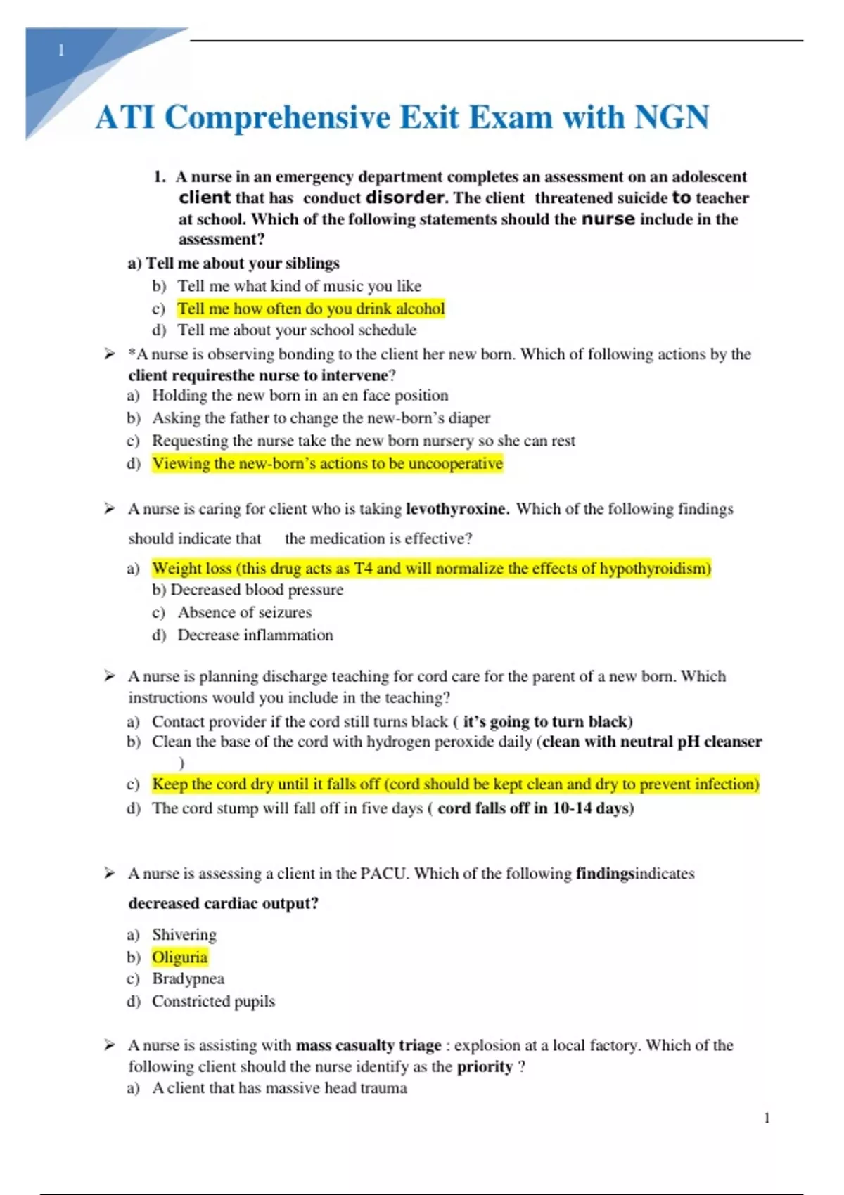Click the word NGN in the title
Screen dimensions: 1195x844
click(672, 117)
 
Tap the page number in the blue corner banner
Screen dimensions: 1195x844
click(61, 51)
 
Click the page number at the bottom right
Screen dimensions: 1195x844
click(767, 1118)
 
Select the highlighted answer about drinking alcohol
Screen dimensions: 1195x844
click(311, 309)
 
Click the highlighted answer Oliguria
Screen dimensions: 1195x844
click(179, 957)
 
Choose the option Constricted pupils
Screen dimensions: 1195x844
click(213, 1001)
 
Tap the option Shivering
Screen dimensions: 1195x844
click(184, 934)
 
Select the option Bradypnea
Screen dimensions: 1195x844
click(188, 978)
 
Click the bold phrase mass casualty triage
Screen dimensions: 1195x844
click(369, 1045)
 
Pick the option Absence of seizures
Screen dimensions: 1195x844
click(244, 612)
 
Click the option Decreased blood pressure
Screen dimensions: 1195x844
click(257, 590)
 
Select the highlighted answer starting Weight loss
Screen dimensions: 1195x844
click(431, 568)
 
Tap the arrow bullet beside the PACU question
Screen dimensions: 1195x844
click(110, 873)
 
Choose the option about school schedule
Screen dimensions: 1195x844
click(296, 330)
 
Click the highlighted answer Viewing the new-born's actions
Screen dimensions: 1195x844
click(327, 464)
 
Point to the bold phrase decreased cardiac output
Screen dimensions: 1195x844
click(223, 903)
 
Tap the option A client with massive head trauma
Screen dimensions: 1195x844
click(279, 1088)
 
